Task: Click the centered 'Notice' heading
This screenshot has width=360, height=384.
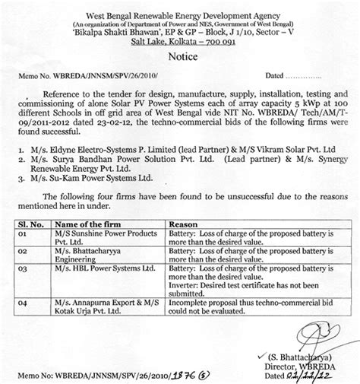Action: [180, 57]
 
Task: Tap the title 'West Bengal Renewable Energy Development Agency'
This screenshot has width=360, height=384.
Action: [181, 8]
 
